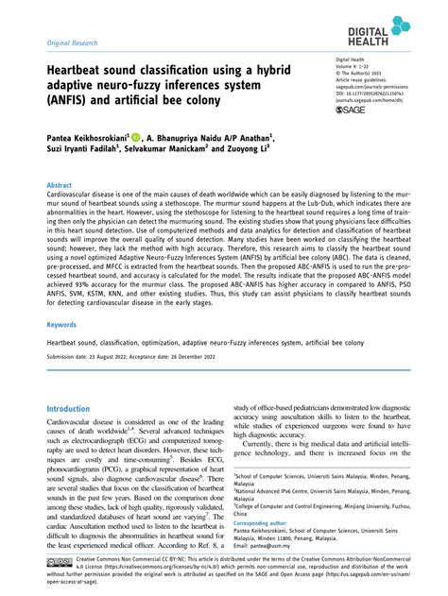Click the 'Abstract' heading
pos(60,187)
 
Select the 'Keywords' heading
pos(61,324)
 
